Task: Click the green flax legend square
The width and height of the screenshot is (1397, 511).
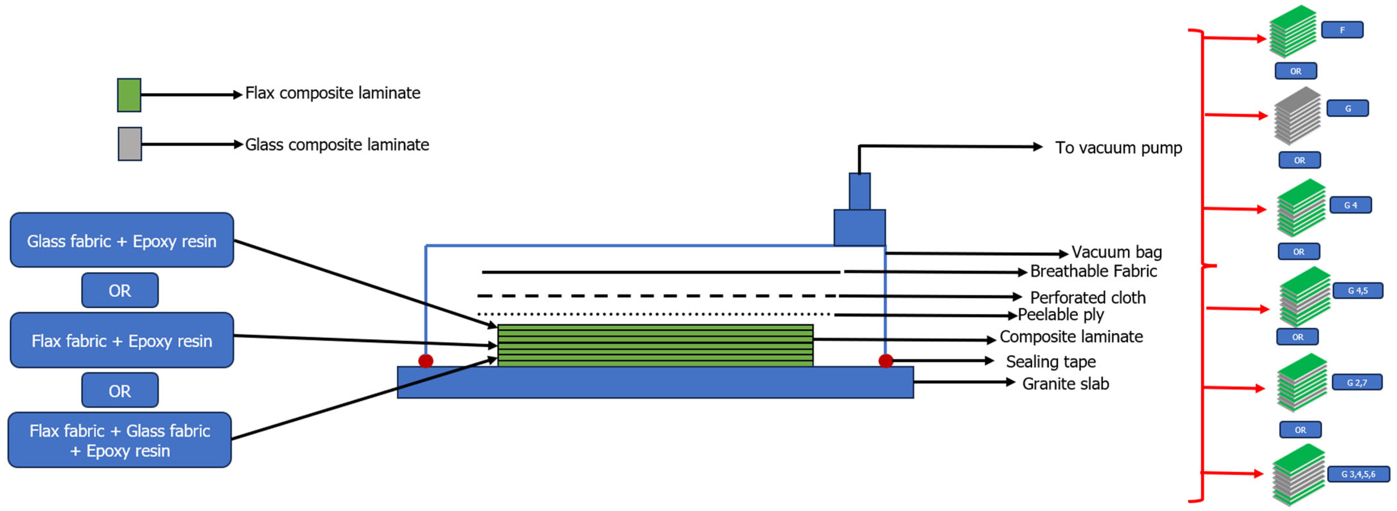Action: coord(129,95)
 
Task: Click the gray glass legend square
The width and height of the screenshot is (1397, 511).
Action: coord(130,144)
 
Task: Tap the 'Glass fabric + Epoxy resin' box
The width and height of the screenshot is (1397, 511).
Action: coord(122,240)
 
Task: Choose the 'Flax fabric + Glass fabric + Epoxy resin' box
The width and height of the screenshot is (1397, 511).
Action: coord(120,440)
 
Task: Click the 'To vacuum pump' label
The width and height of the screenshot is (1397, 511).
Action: coord(1118,148)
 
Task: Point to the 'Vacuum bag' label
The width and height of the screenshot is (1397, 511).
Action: coord(1116,252)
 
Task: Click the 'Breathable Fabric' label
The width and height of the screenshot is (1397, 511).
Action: coord(1093,271)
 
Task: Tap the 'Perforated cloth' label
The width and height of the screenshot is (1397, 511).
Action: coord(1087,297)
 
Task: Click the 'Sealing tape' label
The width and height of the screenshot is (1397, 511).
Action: coord(1050,361)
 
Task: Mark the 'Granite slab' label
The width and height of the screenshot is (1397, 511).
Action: coord(1065,383)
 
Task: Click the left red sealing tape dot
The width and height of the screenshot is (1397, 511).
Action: coord(426,361)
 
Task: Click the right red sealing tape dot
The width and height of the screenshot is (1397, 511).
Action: coord(886,361)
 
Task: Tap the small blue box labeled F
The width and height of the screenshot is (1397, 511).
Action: coord(1342,30)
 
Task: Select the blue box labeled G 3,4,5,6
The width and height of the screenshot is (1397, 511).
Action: coord(1358,474)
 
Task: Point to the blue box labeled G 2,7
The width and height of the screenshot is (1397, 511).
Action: coord(1357,382)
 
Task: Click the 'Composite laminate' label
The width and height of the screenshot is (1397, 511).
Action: coord(1071,337)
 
